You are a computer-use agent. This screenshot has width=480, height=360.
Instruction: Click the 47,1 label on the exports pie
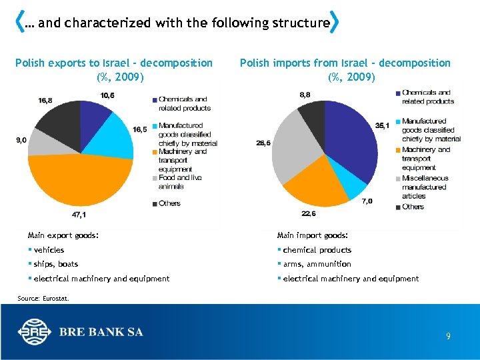[x=79, y=215]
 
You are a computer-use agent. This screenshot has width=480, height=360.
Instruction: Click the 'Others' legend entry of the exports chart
[x=169, y=203]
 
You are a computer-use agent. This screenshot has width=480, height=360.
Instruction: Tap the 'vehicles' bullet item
[x=49, y=250]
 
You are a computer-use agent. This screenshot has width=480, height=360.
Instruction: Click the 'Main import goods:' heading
[x=312, y=235]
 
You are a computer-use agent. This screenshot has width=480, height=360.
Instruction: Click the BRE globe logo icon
[x=34, y=331]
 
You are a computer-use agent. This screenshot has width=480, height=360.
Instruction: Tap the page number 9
[x=448, y=337]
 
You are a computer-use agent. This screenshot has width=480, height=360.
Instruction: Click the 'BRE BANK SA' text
[x=101, y=331]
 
